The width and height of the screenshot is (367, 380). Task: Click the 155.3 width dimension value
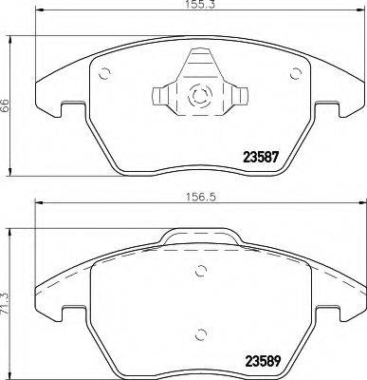[x=195, y=7]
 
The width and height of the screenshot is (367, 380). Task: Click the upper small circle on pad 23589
[x=199, y=272]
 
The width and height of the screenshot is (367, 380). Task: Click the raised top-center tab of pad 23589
[x=198, y=238]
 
